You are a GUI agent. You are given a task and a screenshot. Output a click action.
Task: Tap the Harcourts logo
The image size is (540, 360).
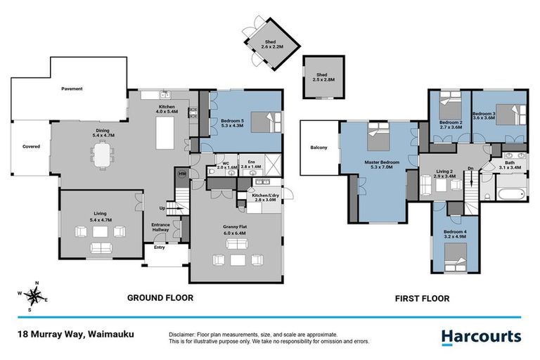[482, 337]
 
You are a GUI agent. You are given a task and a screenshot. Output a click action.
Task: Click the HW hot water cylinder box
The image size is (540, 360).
[181, 174]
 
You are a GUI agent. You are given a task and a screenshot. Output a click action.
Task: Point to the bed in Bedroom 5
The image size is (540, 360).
[265, 122]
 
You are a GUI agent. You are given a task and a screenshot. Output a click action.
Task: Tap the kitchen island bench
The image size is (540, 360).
[167, 131]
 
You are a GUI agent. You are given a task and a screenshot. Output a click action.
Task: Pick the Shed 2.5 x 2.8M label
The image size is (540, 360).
[321, 77]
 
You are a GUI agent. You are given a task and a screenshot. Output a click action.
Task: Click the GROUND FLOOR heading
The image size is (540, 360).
[160, 298]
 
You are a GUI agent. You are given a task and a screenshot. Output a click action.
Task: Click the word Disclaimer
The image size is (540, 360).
[183, 335]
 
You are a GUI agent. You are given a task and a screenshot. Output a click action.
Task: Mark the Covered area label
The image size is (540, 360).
[31, 146]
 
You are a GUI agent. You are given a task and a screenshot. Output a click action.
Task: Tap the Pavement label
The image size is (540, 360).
[72, 89]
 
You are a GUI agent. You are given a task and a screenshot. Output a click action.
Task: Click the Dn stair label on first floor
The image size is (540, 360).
[470, 167]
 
